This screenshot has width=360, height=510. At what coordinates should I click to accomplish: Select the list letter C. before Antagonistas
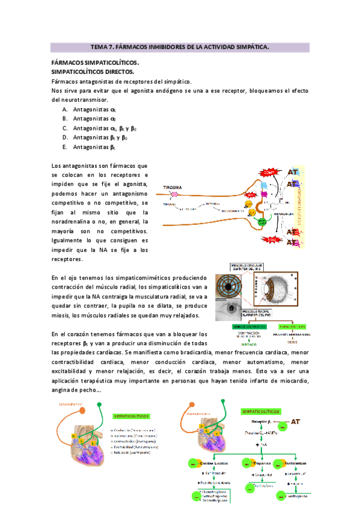point(65,128)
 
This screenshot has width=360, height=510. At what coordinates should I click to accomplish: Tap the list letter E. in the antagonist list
point(65,147)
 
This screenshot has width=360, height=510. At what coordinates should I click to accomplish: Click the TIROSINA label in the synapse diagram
point(174,187)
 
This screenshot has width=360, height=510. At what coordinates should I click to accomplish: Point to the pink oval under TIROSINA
point(174,194)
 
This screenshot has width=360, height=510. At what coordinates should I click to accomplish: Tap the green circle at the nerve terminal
point(263,221)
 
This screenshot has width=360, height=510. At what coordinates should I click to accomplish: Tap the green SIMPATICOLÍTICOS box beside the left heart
point(130,415)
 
